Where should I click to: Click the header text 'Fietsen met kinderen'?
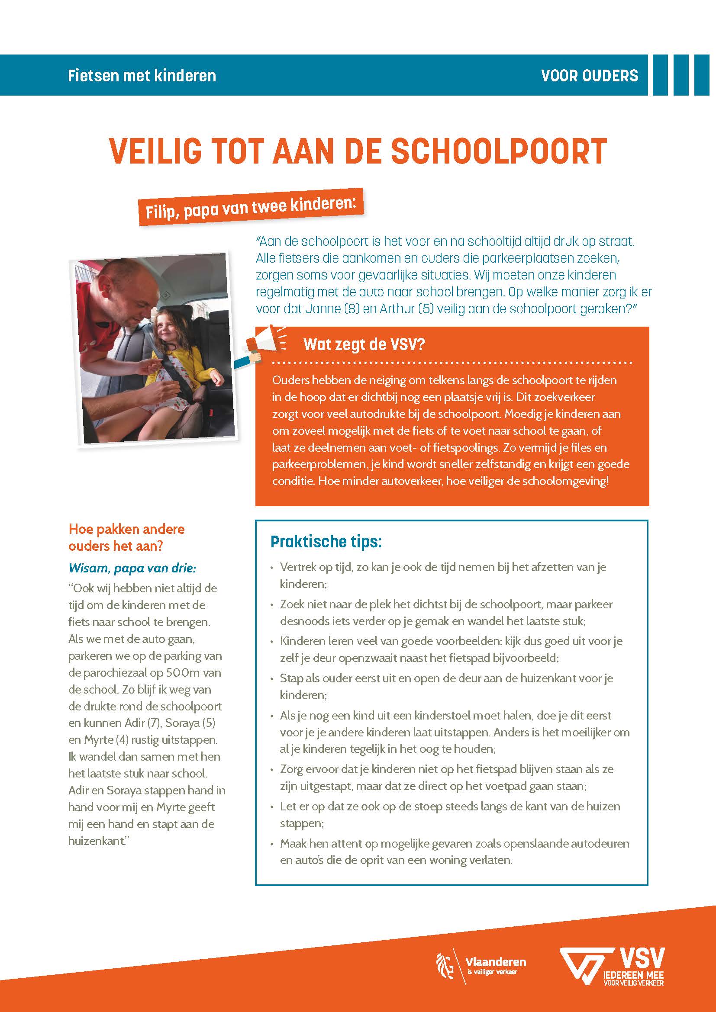(x=142, y=75)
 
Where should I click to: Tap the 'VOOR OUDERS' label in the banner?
(x=589, y=75)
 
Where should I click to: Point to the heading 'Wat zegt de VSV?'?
(x=364, y=344)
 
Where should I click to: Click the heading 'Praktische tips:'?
(x=326, y=541)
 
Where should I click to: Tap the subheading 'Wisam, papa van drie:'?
(x=132, y=568)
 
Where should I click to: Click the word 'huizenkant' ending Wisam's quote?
(x=96, y=841)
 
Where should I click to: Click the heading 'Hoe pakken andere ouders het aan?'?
(x=126, y=537)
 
